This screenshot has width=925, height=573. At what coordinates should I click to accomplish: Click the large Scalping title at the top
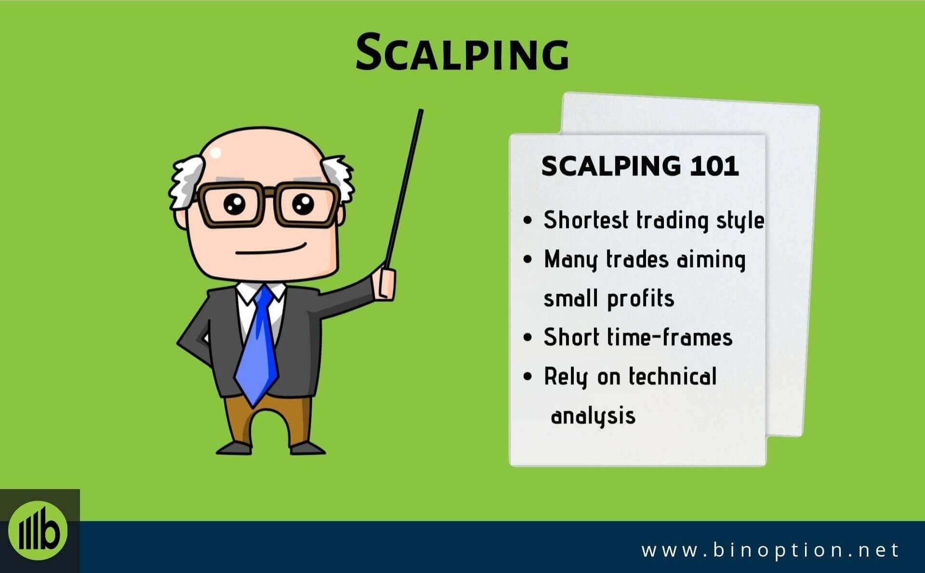pos(462,52)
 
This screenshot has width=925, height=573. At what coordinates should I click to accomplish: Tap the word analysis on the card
pos(593,416)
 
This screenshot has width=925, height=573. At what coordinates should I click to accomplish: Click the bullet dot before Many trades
pos(528,259)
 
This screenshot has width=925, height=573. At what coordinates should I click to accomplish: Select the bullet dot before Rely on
pos(528,376)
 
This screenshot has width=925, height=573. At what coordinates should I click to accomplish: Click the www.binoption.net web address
pos(770,550)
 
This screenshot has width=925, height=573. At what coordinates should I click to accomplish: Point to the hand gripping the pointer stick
pos(387,285)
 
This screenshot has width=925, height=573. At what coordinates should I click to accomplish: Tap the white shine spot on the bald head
pos(215,153)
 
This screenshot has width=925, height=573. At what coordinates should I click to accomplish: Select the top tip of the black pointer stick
pos(421,110)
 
